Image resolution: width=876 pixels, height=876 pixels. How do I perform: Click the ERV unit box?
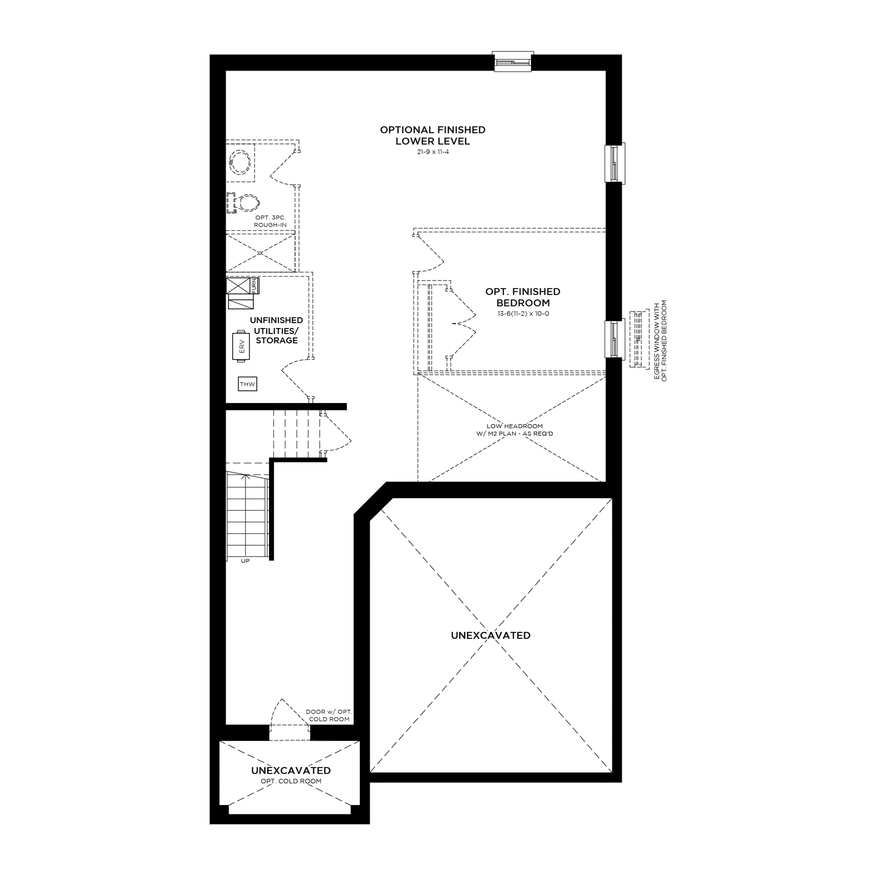pos(241,347)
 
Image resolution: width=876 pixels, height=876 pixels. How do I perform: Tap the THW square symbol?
pos(248,384)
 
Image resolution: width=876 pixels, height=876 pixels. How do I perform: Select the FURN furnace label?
pos(254,286)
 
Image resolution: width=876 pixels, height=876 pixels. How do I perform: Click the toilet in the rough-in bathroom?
pos(244,203)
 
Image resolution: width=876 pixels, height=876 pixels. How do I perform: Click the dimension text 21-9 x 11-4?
pos(433,152)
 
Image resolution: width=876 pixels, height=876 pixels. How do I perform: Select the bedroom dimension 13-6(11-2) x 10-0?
pos(523,313)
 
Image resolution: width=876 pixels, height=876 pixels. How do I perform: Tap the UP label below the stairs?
pos(245,561)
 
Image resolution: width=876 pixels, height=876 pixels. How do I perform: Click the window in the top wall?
pos(513,62)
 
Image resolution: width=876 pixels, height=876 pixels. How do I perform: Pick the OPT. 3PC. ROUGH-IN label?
pos(270,221)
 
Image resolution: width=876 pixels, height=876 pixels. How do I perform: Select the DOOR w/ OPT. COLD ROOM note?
pos(329,715)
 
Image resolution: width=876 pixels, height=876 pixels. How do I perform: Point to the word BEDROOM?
pos(523,303)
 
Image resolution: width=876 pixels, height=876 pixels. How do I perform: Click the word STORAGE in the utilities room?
pos(276,341)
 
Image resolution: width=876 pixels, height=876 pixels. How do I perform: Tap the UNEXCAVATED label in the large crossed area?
pos(491,636)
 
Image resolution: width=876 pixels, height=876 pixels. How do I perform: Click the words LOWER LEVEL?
pos(432,141)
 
